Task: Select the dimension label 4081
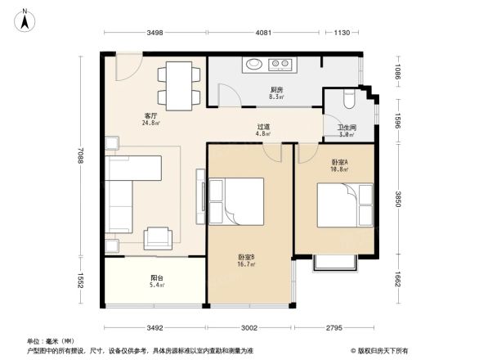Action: (x=262, y=33)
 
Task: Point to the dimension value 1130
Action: (x=342, y=33)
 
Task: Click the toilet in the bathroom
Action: (x=348, y=99)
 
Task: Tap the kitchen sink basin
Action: (x=253, y=63)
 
